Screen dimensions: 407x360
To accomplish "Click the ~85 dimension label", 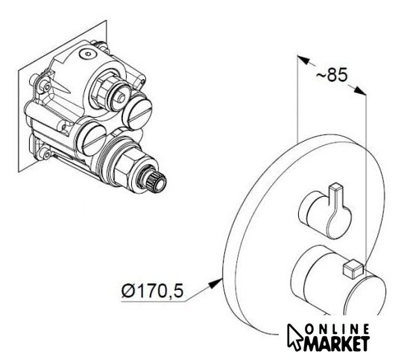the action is [x=332, y=75].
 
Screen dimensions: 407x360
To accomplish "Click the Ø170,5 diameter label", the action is [x=152, y=291].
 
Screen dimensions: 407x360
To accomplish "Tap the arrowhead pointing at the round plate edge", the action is [x=215, y=282].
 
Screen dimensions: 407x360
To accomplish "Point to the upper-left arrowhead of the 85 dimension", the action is [x=303, y=60].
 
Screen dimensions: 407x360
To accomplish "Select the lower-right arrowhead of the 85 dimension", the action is [x=360, y=91].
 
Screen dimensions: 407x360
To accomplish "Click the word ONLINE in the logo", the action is [x=338, y=329].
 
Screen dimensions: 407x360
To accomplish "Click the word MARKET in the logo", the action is [x=337, y=344].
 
